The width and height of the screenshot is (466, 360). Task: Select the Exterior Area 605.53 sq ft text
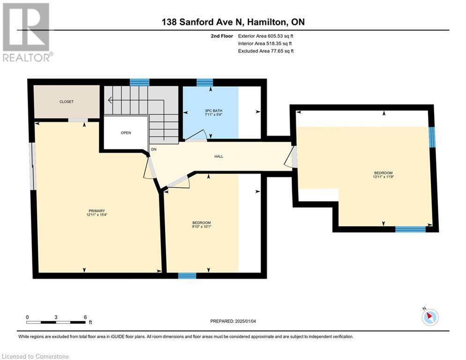coord(266,36)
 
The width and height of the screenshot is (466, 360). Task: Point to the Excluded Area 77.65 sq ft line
coord(266,51)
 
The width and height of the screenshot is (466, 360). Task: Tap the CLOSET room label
coord(66,102)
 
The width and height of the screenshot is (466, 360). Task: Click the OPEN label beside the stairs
coord(126,133)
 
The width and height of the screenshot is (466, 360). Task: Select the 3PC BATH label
coord(213,112)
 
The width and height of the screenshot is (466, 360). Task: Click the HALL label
coord(218,156)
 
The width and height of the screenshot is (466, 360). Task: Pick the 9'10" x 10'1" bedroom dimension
coord(201,227)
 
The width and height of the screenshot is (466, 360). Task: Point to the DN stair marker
coord(153,150)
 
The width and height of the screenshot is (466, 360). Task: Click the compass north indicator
coord(429,316)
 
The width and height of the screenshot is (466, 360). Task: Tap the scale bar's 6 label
coord(85,317)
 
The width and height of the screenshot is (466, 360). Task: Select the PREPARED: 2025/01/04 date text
coord(233,321)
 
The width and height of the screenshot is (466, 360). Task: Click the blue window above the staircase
coord(139,82)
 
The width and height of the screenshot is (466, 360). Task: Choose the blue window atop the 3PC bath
coord(205,82)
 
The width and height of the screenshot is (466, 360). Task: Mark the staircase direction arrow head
coord(109,100)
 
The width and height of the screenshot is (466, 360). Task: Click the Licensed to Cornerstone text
coord(36,357)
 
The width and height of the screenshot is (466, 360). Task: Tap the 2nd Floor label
coord(222,36)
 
